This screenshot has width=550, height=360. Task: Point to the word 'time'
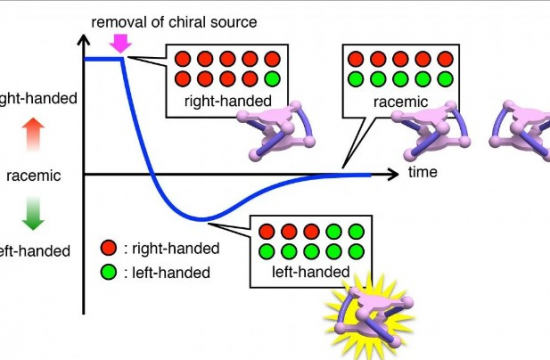pyautogui.click(x=422, y=173)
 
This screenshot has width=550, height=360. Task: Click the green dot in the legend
pyautogui.click(x=108, y=271)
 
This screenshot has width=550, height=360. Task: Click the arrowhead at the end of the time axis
pyautogui.click(x=399, y=174)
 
